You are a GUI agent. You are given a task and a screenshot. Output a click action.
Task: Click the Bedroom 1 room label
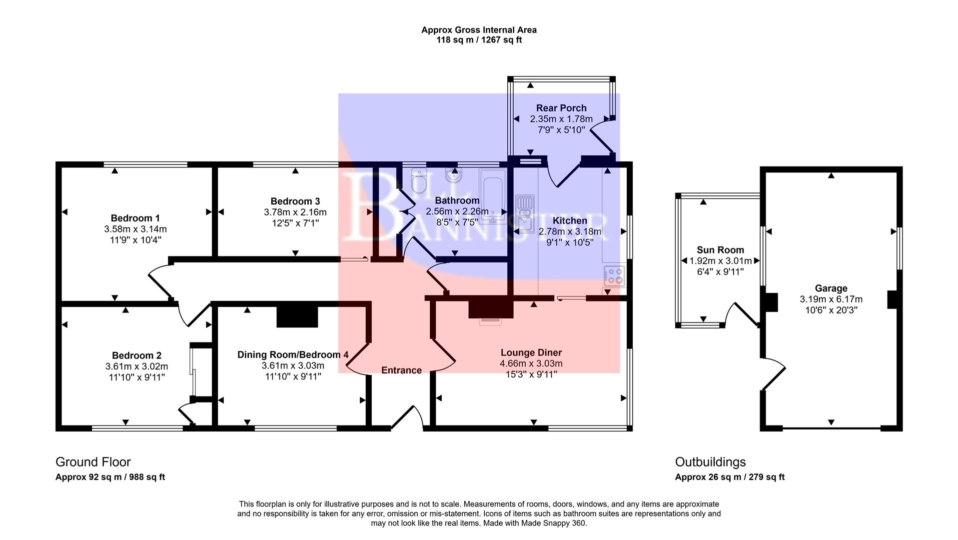point(135,218)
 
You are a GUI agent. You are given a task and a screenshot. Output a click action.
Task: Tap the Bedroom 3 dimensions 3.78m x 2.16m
point(295,212)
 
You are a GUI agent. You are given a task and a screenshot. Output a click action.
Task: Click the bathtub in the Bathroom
point(492,195)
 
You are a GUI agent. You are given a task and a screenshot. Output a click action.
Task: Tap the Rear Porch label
point(561,108)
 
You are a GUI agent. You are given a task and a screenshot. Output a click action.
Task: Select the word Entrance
point(401,370)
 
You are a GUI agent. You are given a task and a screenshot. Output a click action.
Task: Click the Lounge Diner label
point(531,352)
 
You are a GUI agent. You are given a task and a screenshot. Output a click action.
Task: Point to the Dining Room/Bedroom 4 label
point(293,354)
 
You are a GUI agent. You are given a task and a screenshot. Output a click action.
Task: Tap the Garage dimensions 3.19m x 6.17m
point(831,299)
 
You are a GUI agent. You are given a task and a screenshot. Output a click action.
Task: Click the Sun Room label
point(720,250)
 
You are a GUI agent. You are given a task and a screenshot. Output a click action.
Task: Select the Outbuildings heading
point(710,462)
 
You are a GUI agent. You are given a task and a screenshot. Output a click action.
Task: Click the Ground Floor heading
point(93,462)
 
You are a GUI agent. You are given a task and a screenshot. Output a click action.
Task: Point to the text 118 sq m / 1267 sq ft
point(479,40)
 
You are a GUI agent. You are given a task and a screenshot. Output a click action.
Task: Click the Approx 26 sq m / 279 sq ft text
point(730,477)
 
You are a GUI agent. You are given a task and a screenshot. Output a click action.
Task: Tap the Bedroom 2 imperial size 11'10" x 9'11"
point(136,377)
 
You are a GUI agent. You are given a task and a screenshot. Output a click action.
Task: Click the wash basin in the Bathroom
point(454,176)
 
